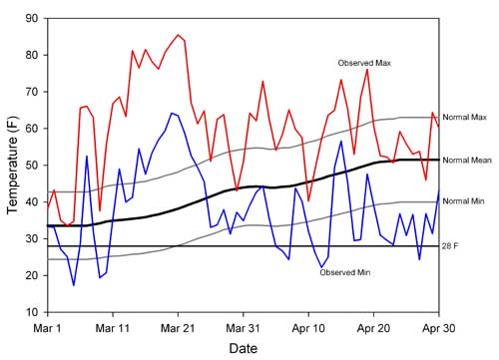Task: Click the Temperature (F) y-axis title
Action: coord(13,166)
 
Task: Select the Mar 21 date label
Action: coord(178,326)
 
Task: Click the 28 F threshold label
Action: coord(452,246)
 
